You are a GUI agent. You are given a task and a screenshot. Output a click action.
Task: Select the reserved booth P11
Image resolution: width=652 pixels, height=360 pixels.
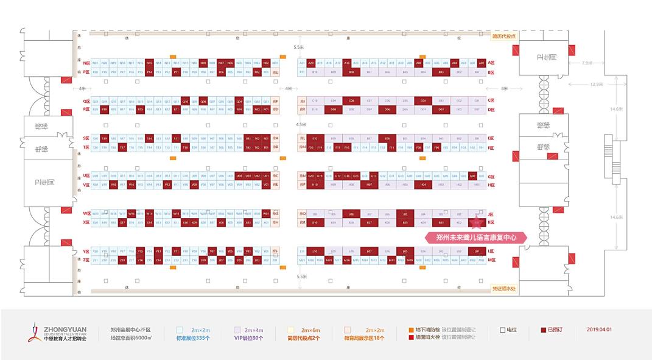[x=176, y=72]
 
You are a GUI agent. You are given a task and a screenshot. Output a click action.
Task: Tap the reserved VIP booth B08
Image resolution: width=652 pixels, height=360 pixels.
[x=351, y=72]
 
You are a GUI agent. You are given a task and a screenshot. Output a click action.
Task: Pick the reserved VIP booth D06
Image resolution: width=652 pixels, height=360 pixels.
[x=387, y=110]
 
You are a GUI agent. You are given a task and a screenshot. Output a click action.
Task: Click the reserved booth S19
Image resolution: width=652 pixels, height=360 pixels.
[x=105, y=138]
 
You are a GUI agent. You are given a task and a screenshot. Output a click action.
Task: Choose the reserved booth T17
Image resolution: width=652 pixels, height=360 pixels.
[x=122, y=147]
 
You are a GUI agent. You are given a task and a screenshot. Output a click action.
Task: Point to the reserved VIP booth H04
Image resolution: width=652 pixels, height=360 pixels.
[x=423, y=185]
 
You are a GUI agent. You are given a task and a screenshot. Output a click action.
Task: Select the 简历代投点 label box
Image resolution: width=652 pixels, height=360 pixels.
[x=503, y=36]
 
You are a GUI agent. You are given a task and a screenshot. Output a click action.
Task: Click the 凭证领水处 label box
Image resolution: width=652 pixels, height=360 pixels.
[x=503, y=289]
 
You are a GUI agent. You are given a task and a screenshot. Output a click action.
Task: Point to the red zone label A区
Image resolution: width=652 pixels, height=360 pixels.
[x=491, y=63]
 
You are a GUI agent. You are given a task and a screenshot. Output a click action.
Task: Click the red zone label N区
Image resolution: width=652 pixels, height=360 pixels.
[x=86, y=63]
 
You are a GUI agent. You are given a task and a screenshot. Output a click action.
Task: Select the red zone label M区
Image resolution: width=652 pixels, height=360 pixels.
[x=491, y=260]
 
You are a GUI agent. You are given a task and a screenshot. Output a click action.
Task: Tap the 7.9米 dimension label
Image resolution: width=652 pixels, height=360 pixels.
[x=587, y=63]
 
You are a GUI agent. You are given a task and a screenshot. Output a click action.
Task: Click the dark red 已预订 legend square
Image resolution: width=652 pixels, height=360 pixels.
[x=544, y=330]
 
